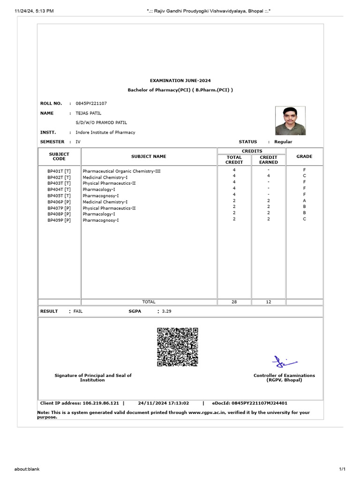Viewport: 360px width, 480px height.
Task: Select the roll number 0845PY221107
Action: (91, 103)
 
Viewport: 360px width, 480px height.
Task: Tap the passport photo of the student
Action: (291, 121)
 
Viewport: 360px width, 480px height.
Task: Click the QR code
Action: (177, 347)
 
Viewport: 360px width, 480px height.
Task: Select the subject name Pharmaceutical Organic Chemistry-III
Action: (121, 171)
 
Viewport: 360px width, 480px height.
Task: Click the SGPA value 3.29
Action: (167, 311)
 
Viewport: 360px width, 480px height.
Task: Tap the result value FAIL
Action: (78, 311)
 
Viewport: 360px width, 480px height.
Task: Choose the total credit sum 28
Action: (234, 302)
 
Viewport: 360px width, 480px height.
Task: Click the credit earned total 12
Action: (269, 302)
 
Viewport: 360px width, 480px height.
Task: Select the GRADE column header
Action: (304, 157)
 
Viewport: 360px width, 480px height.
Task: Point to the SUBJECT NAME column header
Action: (149, 157)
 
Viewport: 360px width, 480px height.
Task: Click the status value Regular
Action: (283, 142)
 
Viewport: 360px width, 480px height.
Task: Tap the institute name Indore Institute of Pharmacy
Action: (105, 132)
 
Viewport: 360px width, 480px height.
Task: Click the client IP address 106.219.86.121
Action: (101, 403)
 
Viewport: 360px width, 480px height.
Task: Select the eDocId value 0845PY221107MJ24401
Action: (259, 403)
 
